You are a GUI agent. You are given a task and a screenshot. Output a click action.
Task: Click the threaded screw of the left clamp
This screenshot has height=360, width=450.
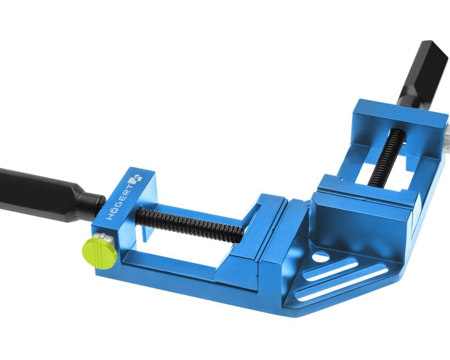pos(190,221)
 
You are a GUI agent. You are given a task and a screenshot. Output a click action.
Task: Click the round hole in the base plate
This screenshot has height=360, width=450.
pos(320,256)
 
